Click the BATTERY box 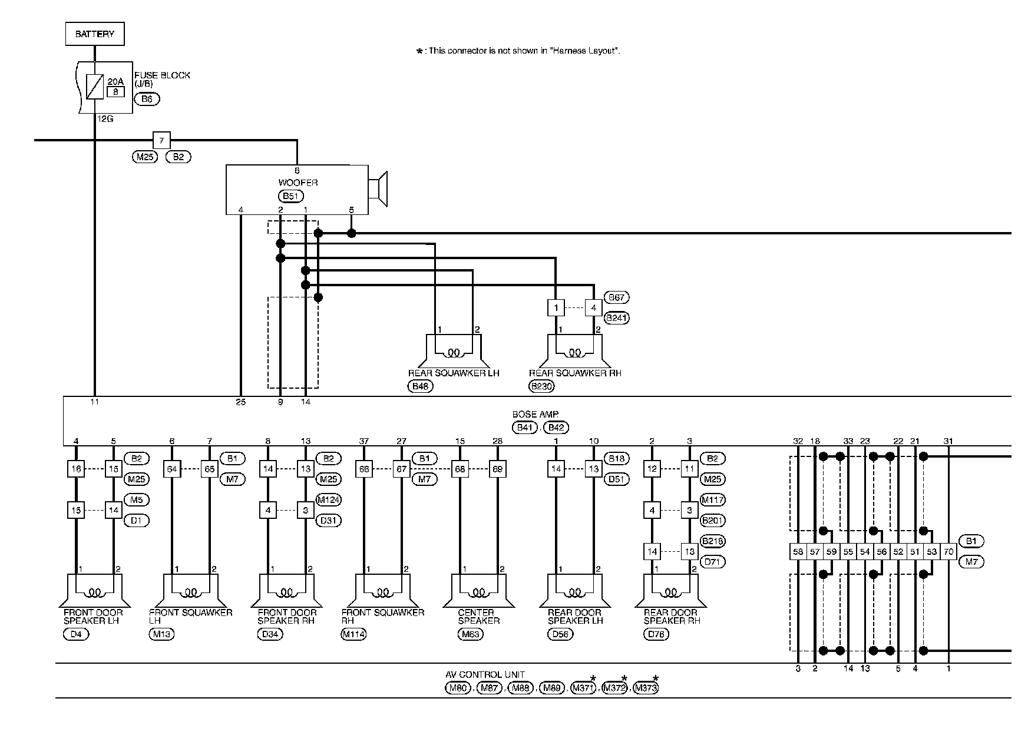click(x=94, y=34)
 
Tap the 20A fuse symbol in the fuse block click(x=94, y=87)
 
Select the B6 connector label click(x=147, y=99)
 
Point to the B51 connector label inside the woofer click(x=290, y=196)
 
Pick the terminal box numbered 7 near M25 click(x=161, y=141)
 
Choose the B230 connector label click(x=542, y=386)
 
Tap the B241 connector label click(x=617, y=318)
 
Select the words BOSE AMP click(x=535, y=415)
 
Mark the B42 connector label click(x=557, y=428)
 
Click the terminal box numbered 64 click(x=172, y=469)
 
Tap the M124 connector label click(x=329, y=500)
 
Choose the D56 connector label click(x=560, y=634)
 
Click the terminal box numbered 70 click(x=948, y=552)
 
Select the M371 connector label click(x=584, y=688)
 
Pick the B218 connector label click(x=713, y=541)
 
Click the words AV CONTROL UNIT click(x=485, y=675)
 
